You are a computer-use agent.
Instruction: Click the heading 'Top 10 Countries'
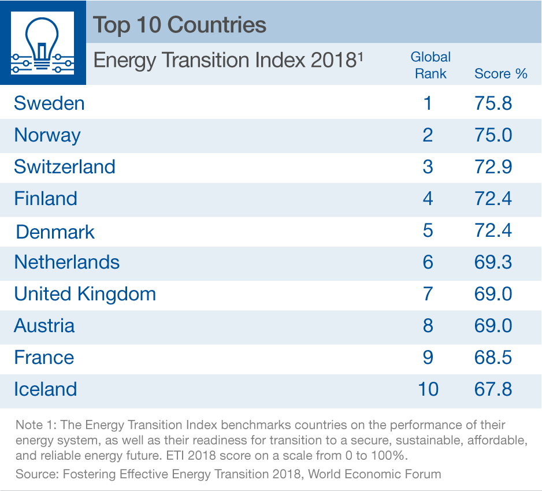click(180, 25)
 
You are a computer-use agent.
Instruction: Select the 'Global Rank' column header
click(430, 65)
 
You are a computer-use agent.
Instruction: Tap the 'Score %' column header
click(500, 74)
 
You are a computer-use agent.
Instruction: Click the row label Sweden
click(49, 103)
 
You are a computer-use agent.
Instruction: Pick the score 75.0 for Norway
click(493, 135)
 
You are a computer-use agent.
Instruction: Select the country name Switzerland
click(65, 167)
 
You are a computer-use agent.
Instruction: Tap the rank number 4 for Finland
click(428, 199)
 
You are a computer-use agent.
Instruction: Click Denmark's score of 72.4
click(493, 230)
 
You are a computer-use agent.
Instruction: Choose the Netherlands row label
click(67, 262)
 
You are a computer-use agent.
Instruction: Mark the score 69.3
click(493, 262)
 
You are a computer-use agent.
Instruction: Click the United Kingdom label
click(85, 294)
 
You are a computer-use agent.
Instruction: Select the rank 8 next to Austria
click(428, 326)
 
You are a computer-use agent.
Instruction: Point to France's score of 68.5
click(493, 358)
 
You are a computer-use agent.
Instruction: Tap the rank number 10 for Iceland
click(428, 389)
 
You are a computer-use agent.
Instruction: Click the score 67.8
click(493, 389)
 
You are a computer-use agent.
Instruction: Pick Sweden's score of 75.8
click(493, 103)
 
